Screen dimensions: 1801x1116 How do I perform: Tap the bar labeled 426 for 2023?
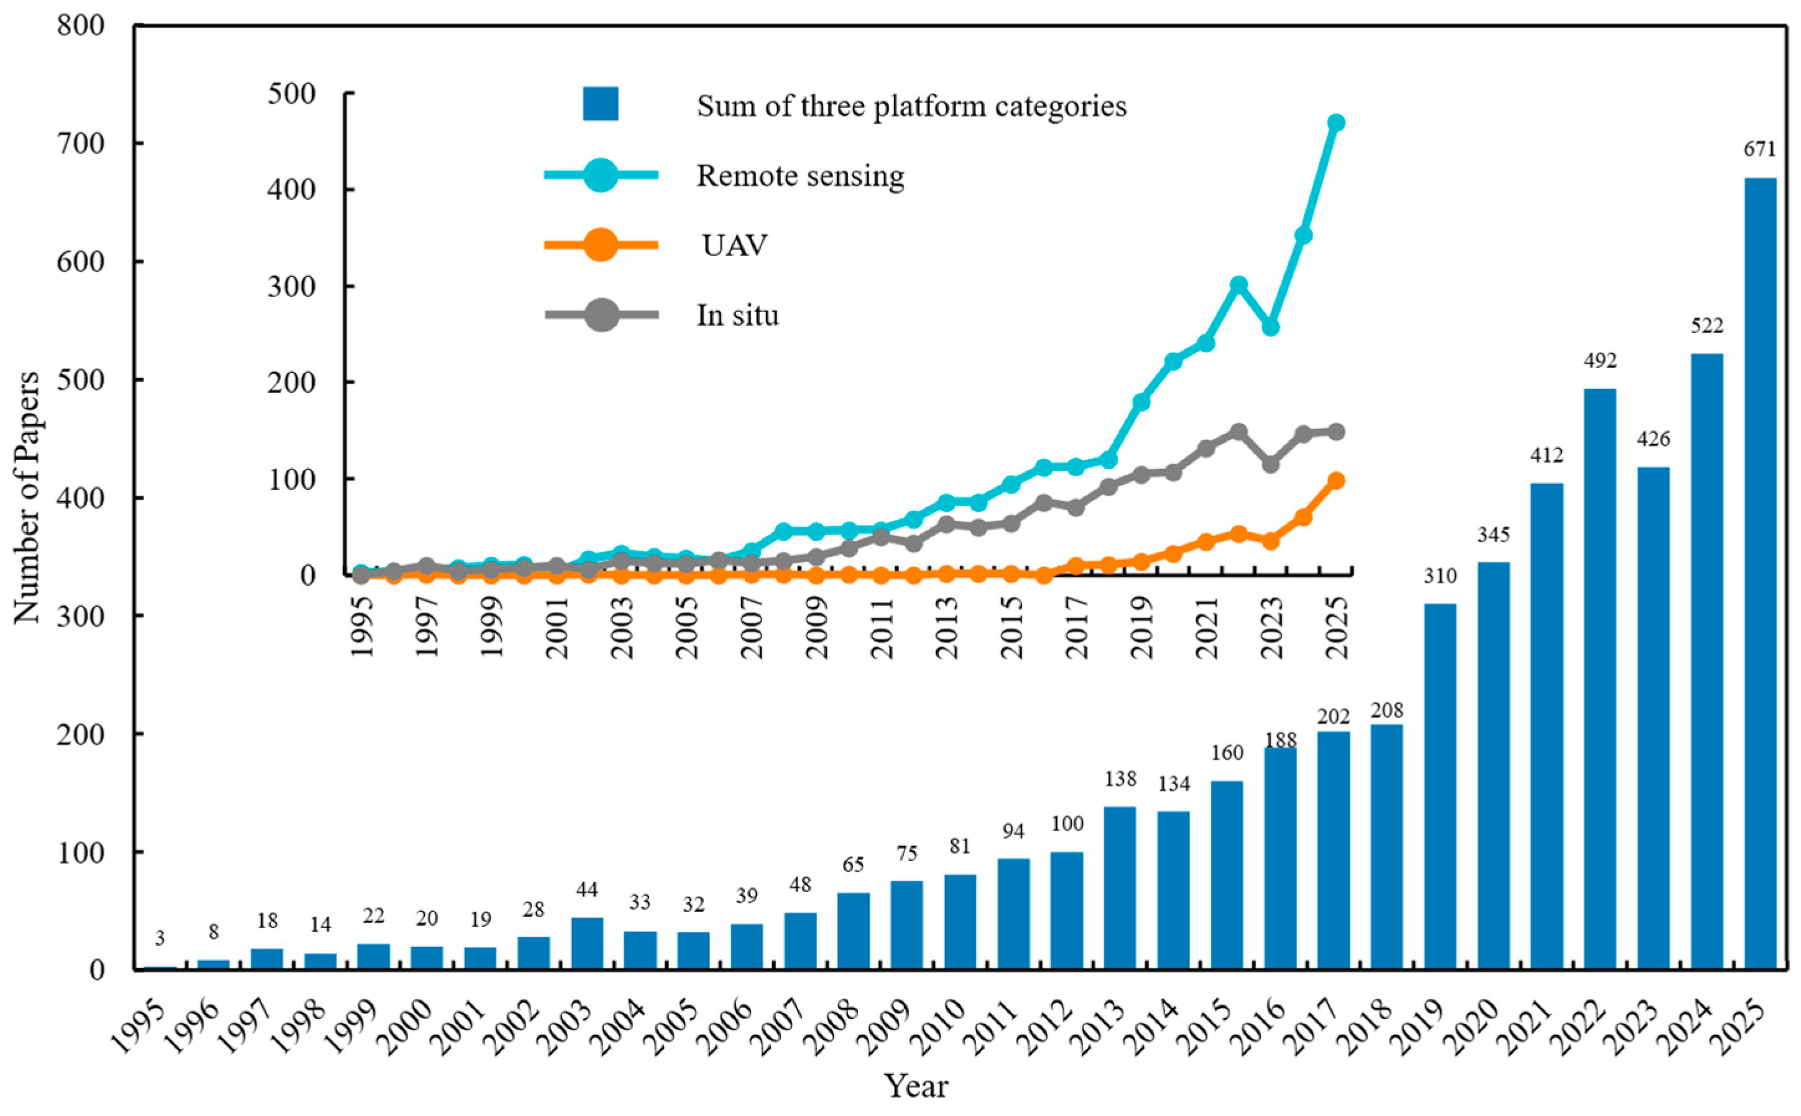[1652, 717]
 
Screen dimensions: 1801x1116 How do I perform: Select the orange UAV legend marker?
[601, 244]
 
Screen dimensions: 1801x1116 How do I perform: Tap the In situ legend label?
[738, 315]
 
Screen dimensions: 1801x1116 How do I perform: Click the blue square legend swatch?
[601, 104]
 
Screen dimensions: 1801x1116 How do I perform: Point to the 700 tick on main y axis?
[81, 142]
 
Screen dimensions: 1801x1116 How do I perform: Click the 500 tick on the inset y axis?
[292, 94]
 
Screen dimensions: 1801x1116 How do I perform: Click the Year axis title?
[916, 1086]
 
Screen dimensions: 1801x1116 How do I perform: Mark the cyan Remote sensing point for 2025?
[1335, 122]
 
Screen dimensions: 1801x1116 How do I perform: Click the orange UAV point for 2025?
[1335, 481]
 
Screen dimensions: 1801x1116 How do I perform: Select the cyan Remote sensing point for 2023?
[1271, 327]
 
